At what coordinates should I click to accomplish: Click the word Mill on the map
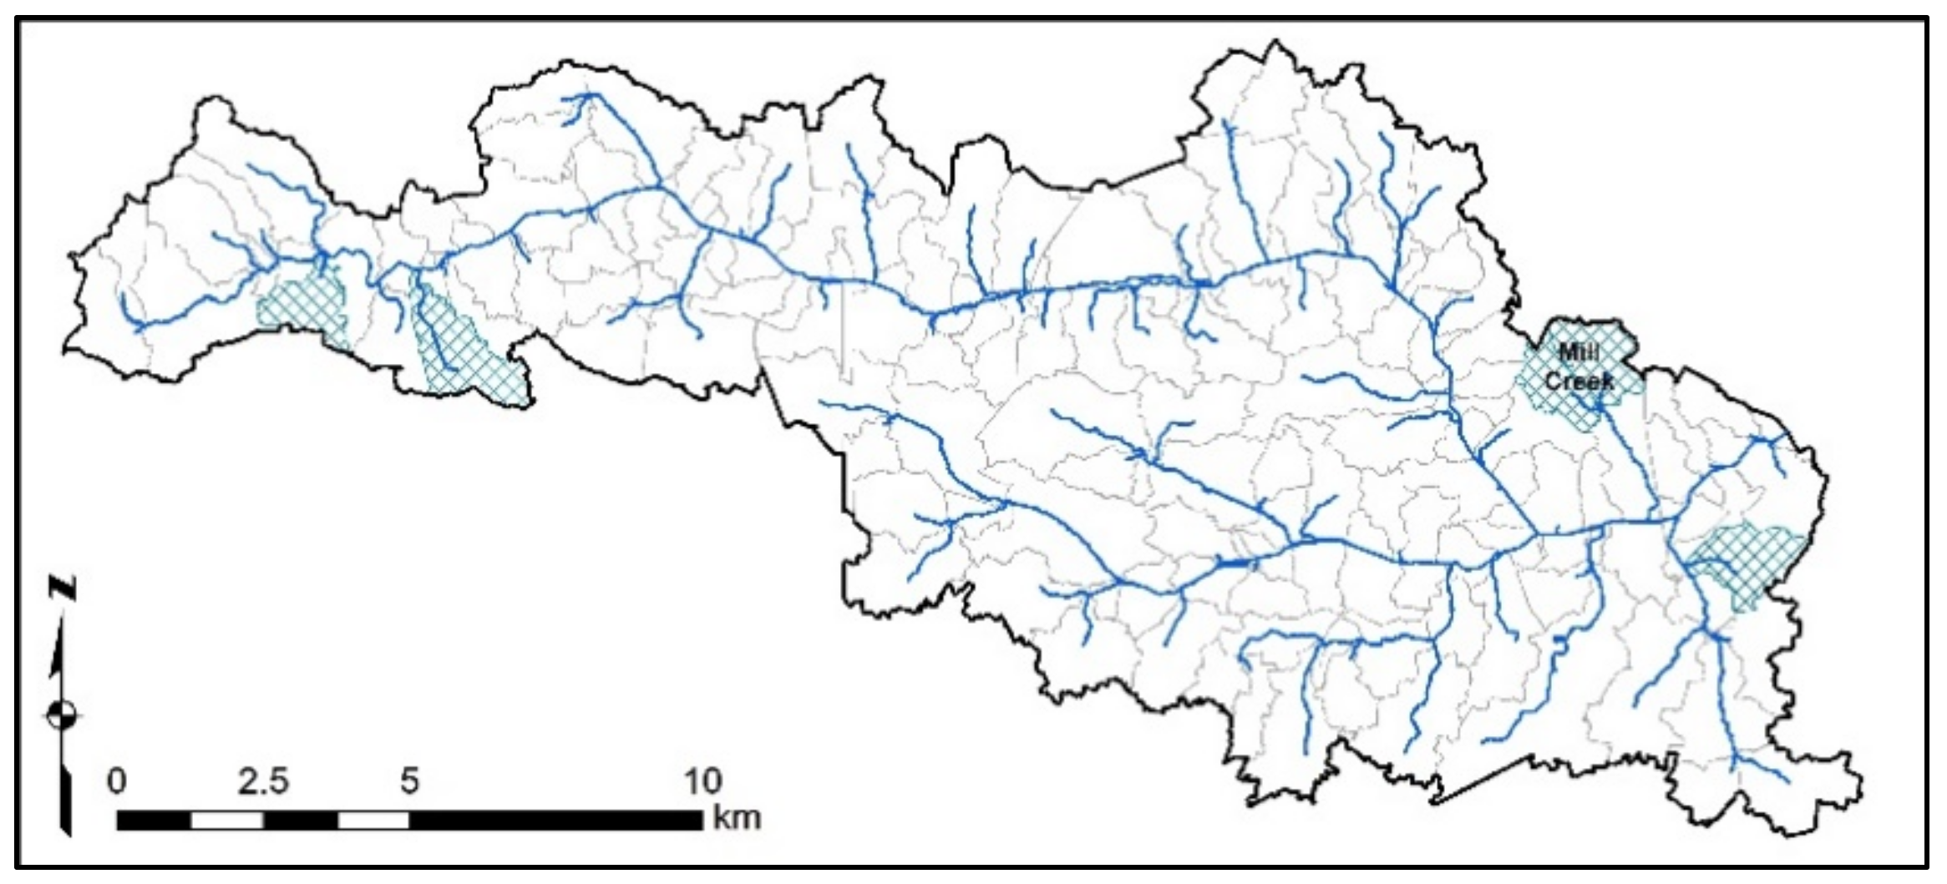point(1578,353)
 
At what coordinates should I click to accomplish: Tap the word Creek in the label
point(1579,381)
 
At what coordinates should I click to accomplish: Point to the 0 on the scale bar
point(117,781)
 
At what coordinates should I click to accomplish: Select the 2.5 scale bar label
point(263,781)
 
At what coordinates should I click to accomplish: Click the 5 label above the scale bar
point(408,781)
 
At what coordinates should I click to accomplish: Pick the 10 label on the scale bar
point(702,781)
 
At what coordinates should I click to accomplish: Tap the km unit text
point(737,817)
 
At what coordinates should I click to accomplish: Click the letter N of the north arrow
point(63,588)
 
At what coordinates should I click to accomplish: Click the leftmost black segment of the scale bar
point(154,821)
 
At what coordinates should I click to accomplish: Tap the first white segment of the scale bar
point(227,821)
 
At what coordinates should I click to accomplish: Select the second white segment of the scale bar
point(373,821)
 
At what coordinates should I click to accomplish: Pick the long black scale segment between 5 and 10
point(556,821)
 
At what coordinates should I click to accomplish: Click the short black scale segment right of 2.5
point(301,821)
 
